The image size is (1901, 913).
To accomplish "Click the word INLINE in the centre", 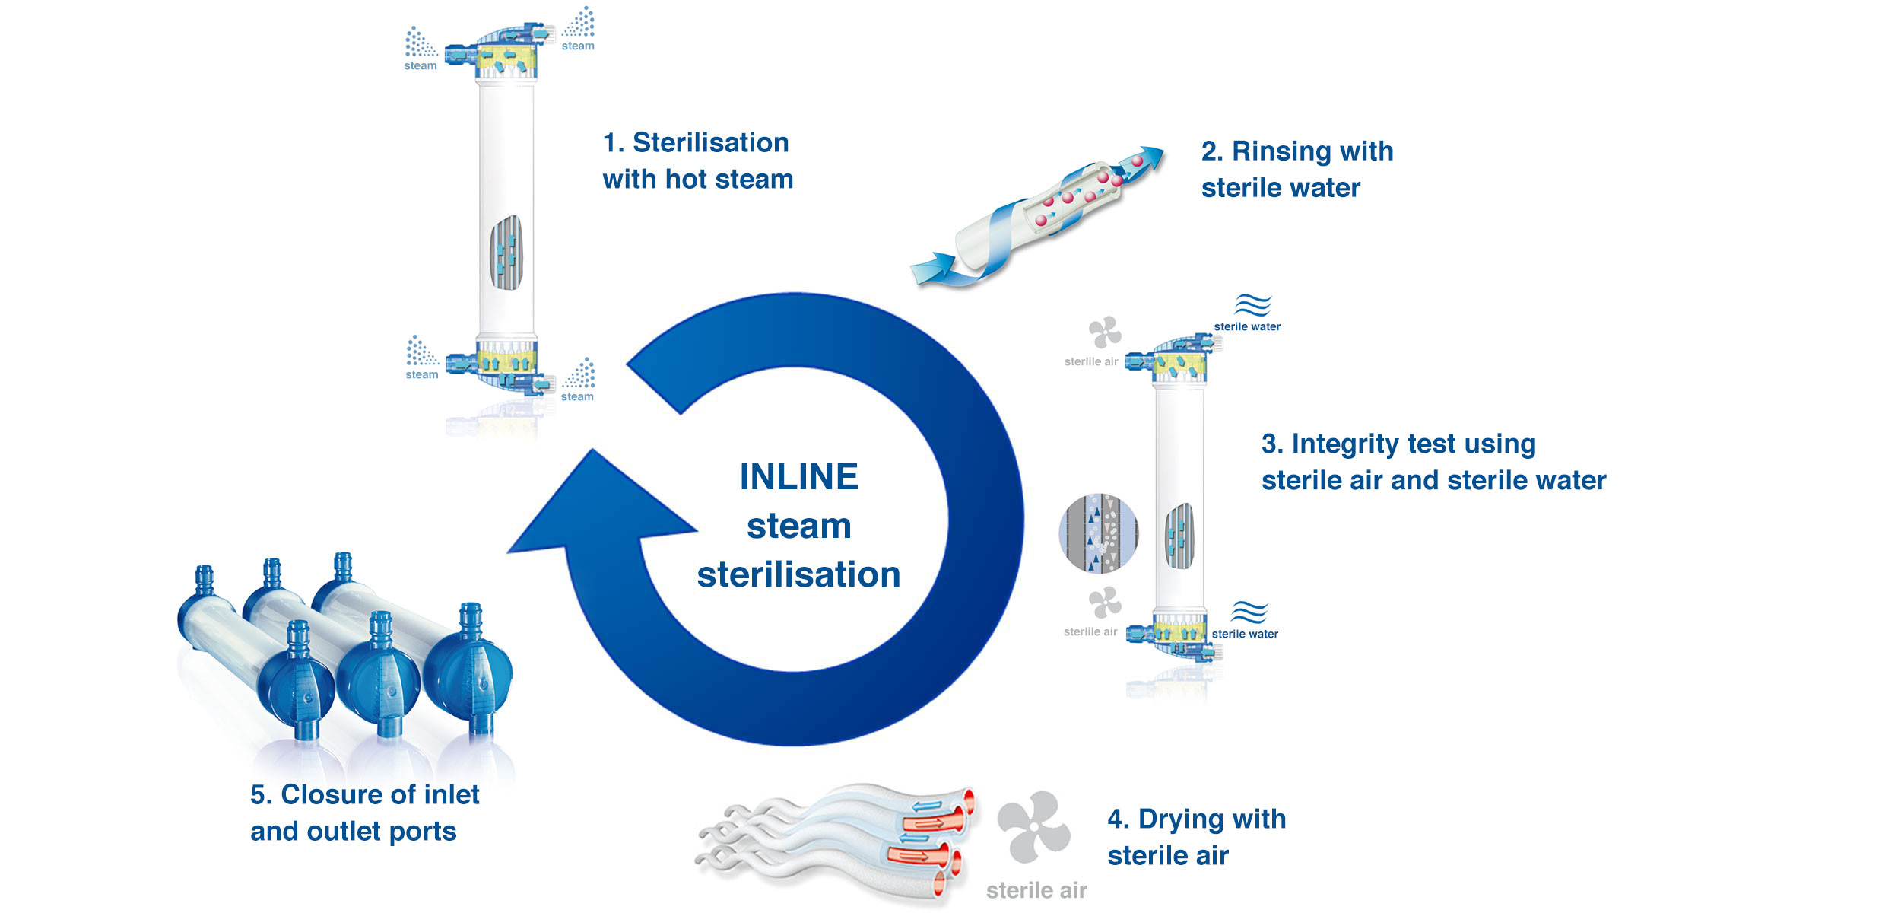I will (x=798, y=477).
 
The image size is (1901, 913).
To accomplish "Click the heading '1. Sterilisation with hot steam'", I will (x=697, y=161).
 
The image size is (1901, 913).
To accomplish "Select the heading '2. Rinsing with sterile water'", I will (x=1296, y=169).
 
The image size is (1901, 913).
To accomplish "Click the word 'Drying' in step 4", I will (x=1181, y=819).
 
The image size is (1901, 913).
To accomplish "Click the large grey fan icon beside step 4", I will (x=1033, y=827).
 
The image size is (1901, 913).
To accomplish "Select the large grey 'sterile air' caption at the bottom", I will (x=1036, y=890).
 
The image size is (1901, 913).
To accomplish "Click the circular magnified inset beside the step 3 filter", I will (x=1098, y=533).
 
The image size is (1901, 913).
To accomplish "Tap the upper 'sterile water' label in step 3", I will (x=1247, y=326).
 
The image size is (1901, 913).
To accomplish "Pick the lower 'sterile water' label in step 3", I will (x=1245, y=634).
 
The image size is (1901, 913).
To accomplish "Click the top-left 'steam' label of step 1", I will (x=421, y=66).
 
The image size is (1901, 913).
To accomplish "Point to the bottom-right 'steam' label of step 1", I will (x=577, y=396).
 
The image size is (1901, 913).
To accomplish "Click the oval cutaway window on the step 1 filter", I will (x=506, y=253).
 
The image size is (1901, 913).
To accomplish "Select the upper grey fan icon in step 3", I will (x=1104, y=332).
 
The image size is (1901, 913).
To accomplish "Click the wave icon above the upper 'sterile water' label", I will (x=1252, y=305).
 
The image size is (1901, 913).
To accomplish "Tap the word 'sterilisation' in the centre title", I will (x=798, y=574).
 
